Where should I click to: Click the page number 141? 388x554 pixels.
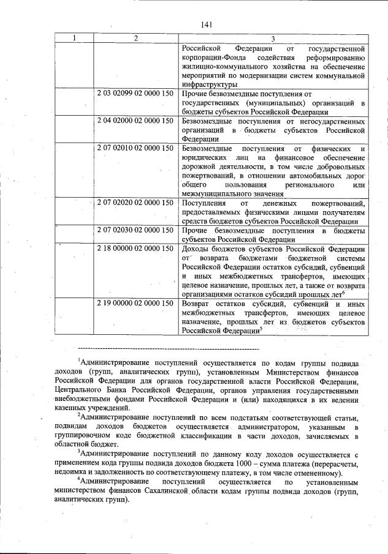coord(206,24)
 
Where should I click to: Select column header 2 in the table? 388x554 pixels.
coord(135,38)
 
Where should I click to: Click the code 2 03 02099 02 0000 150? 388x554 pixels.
coord(135,94)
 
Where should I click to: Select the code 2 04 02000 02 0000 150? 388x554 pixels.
coord(135,122)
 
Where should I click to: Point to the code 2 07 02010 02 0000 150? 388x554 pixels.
coord(135,149)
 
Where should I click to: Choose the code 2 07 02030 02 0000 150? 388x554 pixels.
coord(135,230)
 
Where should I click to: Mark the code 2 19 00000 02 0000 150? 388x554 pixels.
coord(135,303)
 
